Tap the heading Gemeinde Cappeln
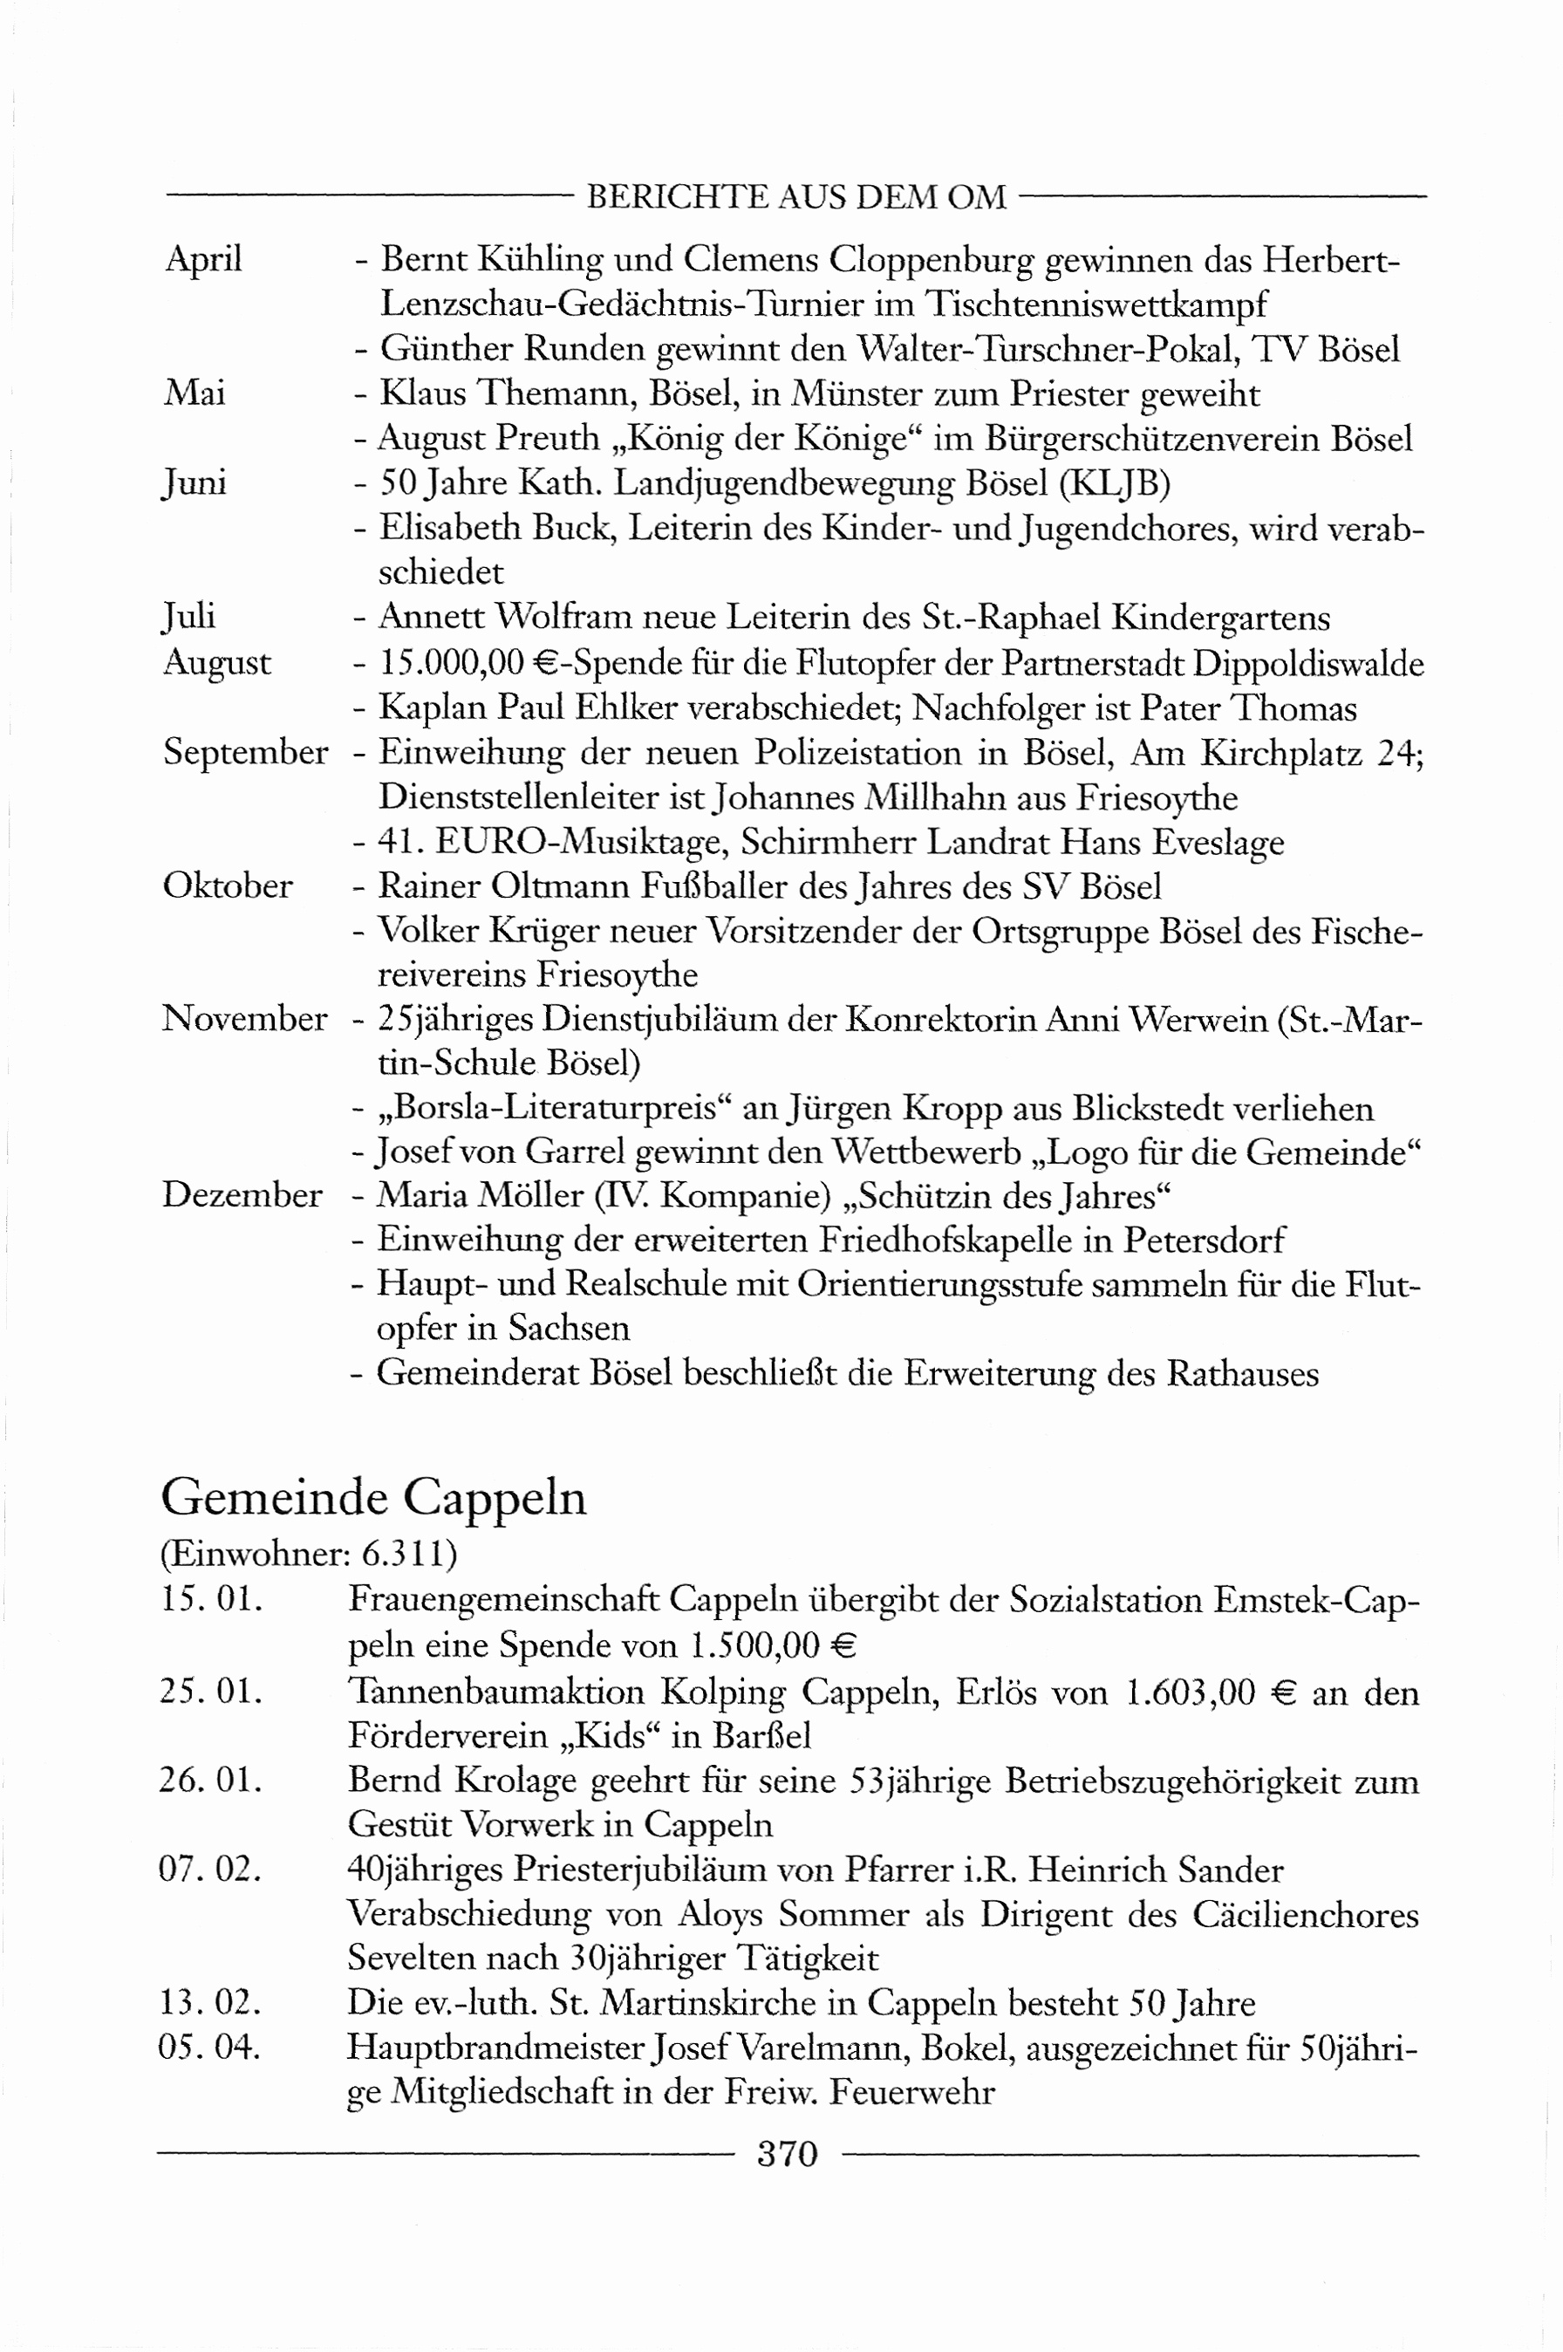click(374, 1498)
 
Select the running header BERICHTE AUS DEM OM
click(795, 197)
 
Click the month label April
click(204, 259)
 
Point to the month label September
click(245, 752)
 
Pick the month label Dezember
click(242, 1194)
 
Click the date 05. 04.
click(210, 2047)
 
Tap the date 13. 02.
click(210, 2002)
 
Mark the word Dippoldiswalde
click(1307, 663)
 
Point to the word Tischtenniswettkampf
click(1095, 304)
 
